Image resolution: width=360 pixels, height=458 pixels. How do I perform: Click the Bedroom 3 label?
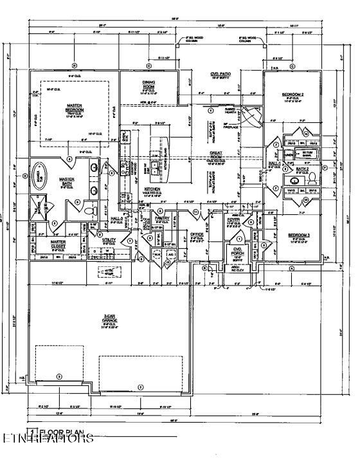298,235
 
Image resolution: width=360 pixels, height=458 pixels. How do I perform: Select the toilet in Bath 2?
312,176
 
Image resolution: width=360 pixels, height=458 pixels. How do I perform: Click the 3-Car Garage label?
110,318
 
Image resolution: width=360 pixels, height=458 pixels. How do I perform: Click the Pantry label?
162,218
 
